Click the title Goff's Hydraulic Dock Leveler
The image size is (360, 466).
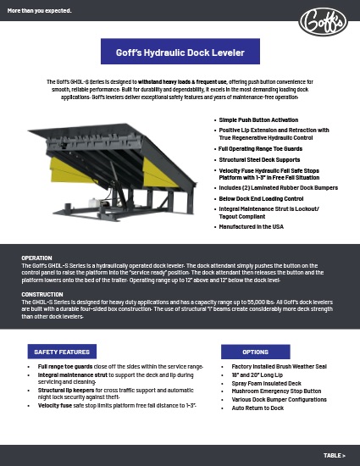pos(180,53)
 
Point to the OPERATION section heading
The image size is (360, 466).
pos(37,258)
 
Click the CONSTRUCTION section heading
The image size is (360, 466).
pos(42,294)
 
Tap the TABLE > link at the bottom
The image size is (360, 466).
pos(334,455)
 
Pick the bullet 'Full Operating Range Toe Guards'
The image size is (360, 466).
pos(257,147)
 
